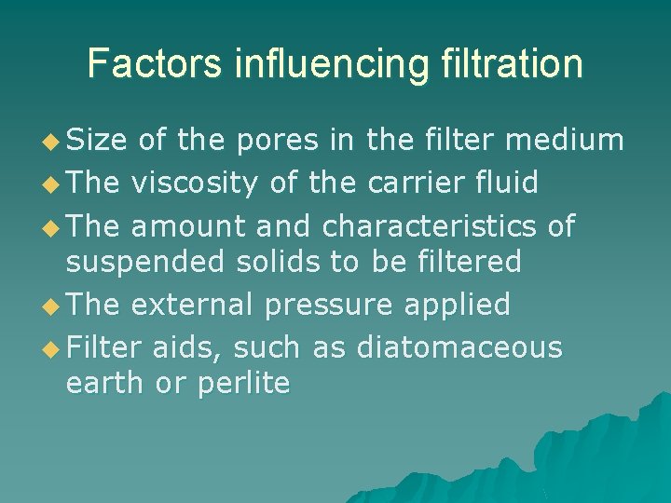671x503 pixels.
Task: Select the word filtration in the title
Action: pos(504,63)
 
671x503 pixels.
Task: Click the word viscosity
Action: pos(195,183)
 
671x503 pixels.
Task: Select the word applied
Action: pos(464,305)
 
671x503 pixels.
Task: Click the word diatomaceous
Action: pos(459,347)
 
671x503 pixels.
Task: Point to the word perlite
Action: pos(244,383)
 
